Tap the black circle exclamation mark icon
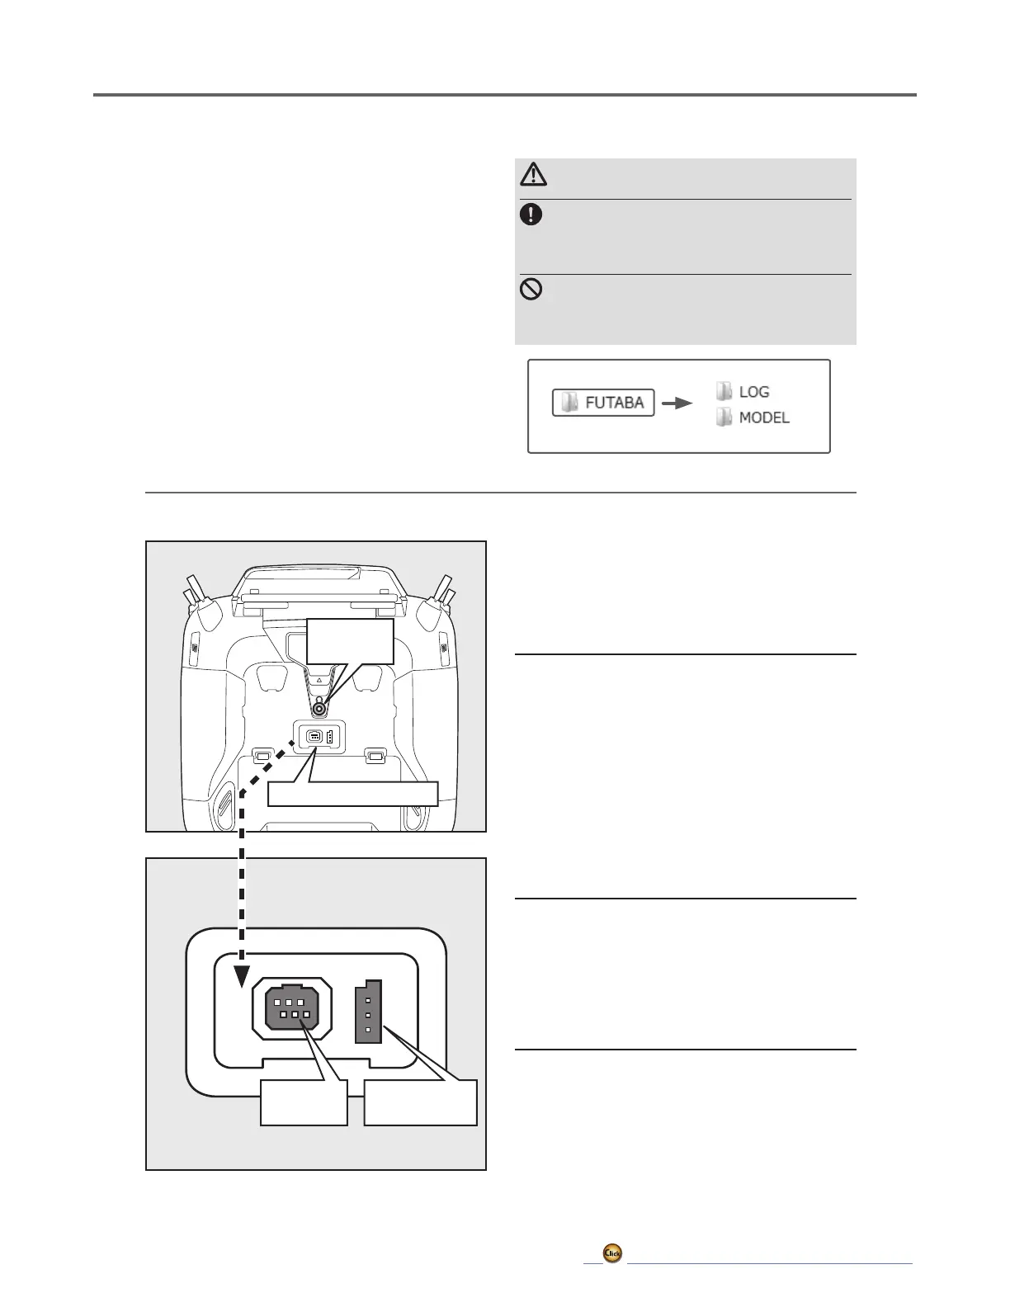(531, 215)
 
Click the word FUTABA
(614, 403)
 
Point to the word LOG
(753, 392)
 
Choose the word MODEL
(763, 418)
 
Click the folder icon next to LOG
(724, 391)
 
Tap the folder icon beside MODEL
(724, 417)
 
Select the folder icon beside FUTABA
(569, 403)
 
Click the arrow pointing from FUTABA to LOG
(677, 403)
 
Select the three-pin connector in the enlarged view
(368, 1012)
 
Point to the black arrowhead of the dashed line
(241, 976)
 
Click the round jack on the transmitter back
(319, 707)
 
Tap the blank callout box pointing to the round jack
(350, 641)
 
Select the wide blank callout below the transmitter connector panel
(352, 794)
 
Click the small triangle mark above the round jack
(319, 682)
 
